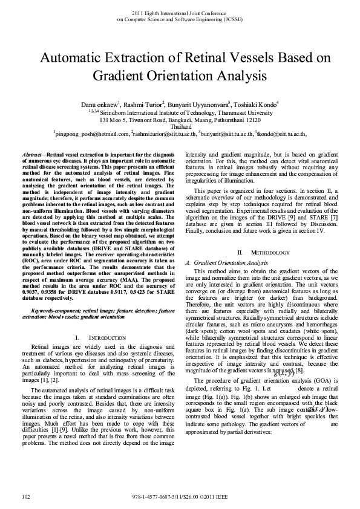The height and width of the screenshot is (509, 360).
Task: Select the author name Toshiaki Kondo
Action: [256, 105]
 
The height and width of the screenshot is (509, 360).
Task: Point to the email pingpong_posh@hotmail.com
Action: [91, 134]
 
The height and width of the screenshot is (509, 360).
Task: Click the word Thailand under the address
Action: [180, 127]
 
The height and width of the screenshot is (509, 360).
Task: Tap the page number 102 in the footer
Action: [25, 496]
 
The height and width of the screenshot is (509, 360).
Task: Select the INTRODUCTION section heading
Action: [110, 336]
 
